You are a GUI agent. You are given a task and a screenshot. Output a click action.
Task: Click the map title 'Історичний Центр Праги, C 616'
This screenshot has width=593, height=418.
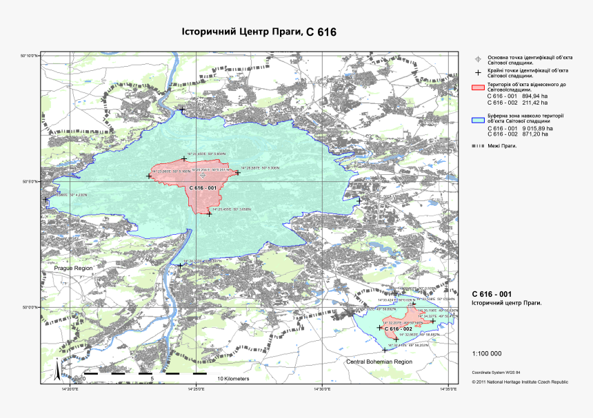click(x=259, y=32)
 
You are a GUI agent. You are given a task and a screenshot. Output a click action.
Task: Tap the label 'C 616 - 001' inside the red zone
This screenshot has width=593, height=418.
click(x=203, y=188)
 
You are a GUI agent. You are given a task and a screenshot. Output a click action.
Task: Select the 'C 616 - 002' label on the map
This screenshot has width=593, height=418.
click(x=398, y=329)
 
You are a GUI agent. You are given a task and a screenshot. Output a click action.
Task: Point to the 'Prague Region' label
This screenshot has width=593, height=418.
click(x=69, y=267)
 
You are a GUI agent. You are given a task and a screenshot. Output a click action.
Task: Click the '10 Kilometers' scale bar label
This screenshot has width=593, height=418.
click(x=233, y=379)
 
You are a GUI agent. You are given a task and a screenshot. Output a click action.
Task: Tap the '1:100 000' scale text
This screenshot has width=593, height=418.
click(x=486, y=354)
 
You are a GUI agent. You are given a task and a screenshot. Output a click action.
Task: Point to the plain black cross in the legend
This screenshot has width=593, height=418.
click(x=478, y=72)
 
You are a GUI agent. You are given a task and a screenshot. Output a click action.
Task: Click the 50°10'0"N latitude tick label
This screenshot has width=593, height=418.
click(x=29, y=55)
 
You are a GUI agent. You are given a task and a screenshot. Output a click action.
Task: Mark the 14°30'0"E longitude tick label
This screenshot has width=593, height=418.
click(x=323, y=390)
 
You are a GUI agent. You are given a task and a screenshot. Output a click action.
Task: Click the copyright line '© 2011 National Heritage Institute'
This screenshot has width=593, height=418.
click(x=520, y=381)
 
